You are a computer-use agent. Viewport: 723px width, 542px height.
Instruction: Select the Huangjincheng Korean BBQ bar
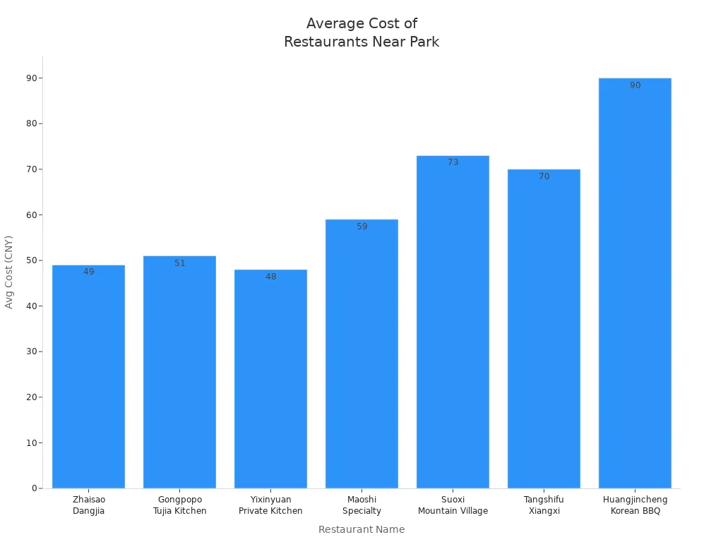point(635,282)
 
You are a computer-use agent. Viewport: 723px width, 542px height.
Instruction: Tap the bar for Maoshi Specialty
point(361,353)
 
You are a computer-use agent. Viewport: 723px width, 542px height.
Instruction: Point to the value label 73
point(453,162)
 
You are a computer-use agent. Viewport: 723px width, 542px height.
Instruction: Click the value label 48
point(270,277)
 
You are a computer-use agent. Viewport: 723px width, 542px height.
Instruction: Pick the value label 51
point(179,263)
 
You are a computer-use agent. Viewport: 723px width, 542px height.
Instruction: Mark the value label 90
point(635,85)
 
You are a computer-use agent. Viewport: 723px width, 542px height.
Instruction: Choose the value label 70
point(544,176)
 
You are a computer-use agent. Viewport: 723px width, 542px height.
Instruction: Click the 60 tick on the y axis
point(32,215)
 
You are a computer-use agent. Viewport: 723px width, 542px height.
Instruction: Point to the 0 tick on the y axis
point(34,488)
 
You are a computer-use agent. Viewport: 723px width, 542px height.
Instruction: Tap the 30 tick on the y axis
point(32,351)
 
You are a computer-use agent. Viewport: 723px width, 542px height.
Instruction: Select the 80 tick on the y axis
point(32,124)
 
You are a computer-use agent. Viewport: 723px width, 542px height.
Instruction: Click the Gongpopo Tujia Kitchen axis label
point(179,505)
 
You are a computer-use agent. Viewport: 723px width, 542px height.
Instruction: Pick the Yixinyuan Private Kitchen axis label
point(270,505)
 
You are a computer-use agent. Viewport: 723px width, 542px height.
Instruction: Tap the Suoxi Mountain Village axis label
point(453,505)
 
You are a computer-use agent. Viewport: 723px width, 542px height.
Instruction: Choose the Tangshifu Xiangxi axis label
point(544,505)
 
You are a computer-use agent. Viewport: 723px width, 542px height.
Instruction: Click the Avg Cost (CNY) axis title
point(9,272)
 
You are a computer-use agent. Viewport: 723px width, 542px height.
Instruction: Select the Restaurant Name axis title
point(361,529)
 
